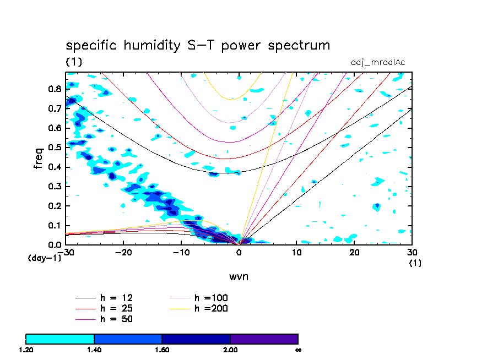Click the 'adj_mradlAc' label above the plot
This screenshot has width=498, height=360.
pyautogui.click(x=378, y=62)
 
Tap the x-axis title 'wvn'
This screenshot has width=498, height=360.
pyautogui.click(x=239, y=276)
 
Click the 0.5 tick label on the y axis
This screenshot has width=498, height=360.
pyautogui.click(x=53, y=148)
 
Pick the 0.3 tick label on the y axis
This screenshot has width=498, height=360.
pyautogui.click(x=53, y=187)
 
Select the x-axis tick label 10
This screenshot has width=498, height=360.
pyautogui.click(x=296, y=253)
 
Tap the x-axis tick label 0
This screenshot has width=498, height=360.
pyautogui.click(x=239, y=253)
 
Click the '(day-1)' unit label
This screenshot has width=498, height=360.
pyautogui.click(x=44, y=258)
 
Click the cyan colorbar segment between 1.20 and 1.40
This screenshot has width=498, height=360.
pyautogui.click(x=60, y=339)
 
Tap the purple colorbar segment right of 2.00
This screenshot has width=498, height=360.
pyautogui.click(x=264, y=339)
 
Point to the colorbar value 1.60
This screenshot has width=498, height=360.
pyautogui.click(x=162, y=350)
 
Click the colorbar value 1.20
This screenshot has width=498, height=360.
pyautogui.click(x=26, y=350)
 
